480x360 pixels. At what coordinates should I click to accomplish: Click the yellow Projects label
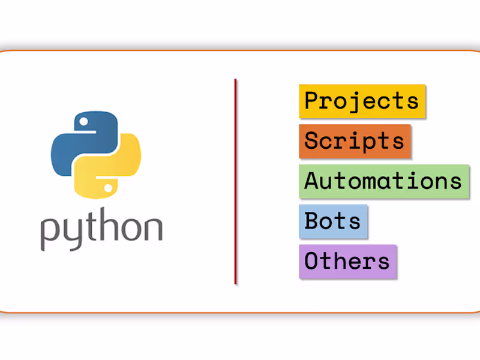point(362,101)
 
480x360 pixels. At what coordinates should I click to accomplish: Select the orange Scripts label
point(355,142)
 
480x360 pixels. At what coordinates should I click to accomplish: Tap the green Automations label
point(384,182)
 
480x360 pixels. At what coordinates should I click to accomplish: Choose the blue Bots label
point(333,221)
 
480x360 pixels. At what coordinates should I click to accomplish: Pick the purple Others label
point(348,262)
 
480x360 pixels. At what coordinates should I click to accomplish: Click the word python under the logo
point(101,229)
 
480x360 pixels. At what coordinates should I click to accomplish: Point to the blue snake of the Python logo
point(84,141)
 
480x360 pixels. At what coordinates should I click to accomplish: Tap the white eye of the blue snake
point(83,122)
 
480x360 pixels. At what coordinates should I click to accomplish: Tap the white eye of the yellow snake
point(108,188)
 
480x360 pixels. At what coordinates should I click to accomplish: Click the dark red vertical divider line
point(235,182)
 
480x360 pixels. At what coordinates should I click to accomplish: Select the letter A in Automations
point(312,181)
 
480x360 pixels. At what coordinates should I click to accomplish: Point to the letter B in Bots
point(312,220)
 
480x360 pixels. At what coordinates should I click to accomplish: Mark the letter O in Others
point(312,260)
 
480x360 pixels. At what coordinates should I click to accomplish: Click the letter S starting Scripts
point(312,140)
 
